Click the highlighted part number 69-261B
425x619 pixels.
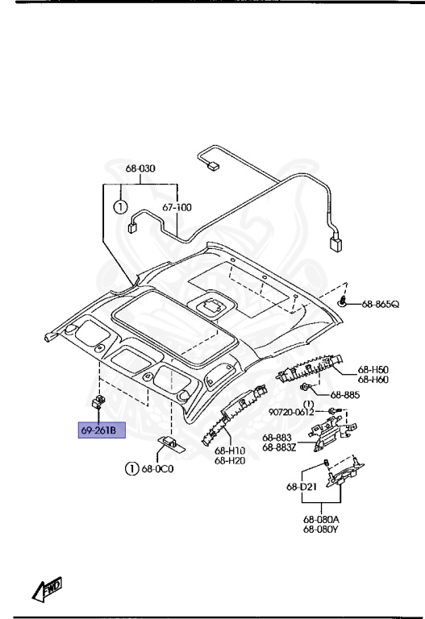tap(98, 430)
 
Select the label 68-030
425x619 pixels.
tap(140, 168)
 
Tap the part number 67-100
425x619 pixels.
tap(177, 207)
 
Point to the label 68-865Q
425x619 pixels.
tap(381, 304)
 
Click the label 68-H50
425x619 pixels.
tap(373, 370)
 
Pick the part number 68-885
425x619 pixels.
tap(345, 395)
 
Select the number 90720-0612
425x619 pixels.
tap(291, 412)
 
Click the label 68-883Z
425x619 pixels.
tap(279, 447)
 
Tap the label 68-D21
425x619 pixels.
tap(302, 487)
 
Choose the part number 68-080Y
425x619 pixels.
tap(321, 530)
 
